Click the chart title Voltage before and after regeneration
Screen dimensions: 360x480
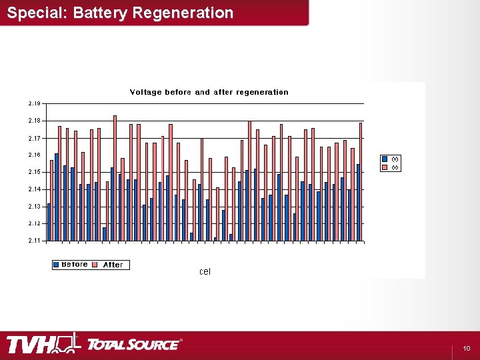(x=209, y=92)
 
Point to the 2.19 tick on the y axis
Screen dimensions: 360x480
(x=35, y=103)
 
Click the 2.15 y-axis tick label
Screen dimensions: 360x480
(x=35, y=172)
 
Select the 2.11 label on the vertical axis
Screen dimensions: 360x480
(x=35, y=240)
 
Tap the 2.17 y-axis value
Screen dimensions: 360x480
(x=35, y=138)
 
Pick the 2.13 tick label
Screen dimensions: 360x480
(x=35, y=206)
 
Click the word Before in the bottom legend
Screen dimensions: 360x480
(x=75, y=265)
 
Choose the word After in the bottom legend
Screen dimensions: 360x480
(x=113, y=265)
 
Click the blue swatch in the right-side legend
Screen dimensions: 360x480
(x=385, y=159)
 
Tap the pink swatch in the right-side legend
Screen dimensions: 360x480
(x=385, y=167)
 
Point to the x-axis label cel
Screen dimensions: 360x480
(x=205, y=271)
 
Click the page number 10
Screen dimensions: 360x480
(x=467, y=349)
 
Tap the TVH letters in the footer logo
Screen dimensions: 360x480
(x=32, y=345)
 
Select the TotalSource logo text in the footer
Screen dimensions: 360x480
(x=133, y=345)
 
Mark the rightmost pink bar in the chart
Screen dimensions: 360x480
(x=361, y=181)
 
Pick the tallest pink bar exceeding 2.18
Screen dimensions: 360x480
(x=115, y=178)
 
